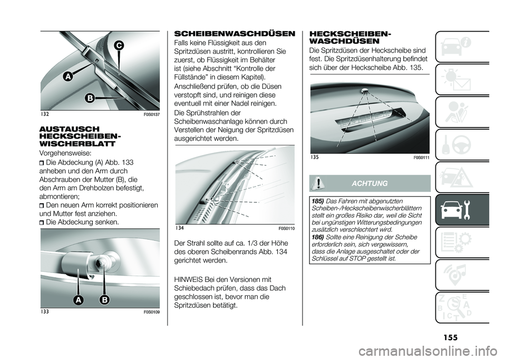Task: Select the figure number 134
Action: (x=180, y=228)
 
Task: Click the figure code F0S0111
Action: (x=421, y=157)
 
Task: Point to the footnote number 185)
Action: (x=317, y=201)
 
